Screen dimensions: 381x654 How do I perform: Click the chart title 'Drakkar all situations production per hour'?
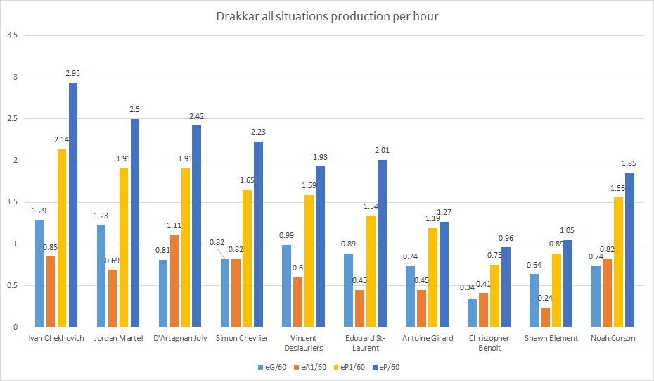327,15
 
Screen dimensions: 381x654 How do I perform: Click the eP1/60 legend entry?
348,366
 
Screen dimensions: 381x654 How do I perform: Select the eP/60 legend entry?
386,366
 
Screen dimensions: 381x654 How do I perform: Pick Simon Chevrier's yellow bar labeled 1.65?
247,258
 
